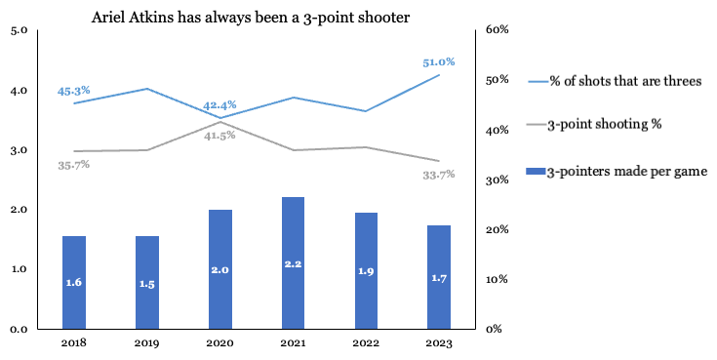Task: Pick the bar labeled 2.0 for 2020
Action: pos(219,268)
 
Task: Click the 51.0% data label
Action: pos(439,61)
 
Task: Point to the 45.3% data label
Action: pos(74,91)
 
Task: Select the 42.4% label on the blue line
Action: pos(219,105)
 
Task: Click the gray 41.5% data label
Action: pos(220,136)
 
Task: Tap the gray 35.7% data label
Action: pos(73,165)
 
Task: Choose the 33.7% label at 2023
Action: pos(439,175)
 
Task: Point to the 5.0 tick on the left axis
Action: pos(19,30)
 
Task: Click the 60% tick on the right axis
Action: pos(498,30)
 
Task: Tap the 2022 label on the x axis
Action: pos(366,341)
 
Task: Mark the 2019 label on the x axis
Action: pos(146,341)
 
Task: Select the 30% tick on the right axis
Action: pos(498,180)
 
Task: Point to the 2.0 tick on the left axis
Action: pos(19,210)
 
